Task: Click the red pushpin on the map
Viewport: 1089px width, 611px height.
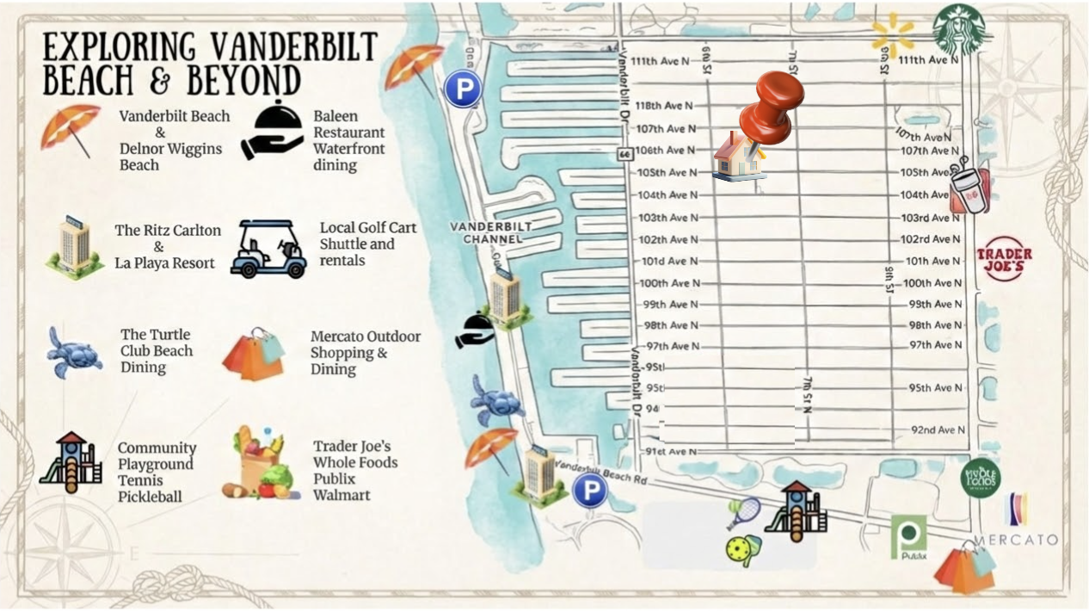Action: pyautogui.click(x=772, y=105)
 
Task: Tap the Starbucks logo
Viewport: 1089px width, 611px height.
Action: pyautogui.click(x=958, y=29)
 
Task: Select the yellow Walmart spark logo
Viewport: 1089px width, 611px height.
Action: pyautogui.click(x=892, y=35)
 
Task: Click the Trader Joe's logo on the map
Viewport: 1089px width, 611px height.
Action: pyautogui.click(x=1003, y=258)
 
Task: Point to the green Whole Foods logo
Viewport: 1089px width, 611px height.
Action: pyautogui.click(x=980, y=477)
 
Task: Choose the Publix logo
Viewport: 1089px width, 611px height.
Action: pyautogui.click(x=908, y=537)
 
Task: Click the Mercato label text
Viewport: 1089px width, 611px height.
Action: pyautogui.click(x=1015, y=540)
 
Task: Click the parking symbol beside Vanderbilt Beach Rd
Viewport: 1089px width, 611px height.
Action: pyautogui.click(x=590, y=491)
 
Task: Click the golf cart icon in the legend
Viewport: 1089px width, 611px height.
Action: pyautogui.click(x=268, y=249)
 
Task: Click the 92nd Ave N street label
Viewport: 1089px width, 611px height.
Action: pyautogui.click(x=938, y=429)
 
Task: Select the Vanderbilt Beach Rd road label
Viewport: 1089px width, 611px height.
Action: pyautogui.click(x=601, y=471)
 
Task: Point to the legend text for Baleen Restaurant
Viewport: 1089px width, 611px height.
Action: pyautogui.click(x=348, y=140)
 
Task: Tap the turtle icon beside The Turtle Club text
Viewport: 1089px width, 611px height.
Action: pyautogui.click(x=73, y=351)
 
